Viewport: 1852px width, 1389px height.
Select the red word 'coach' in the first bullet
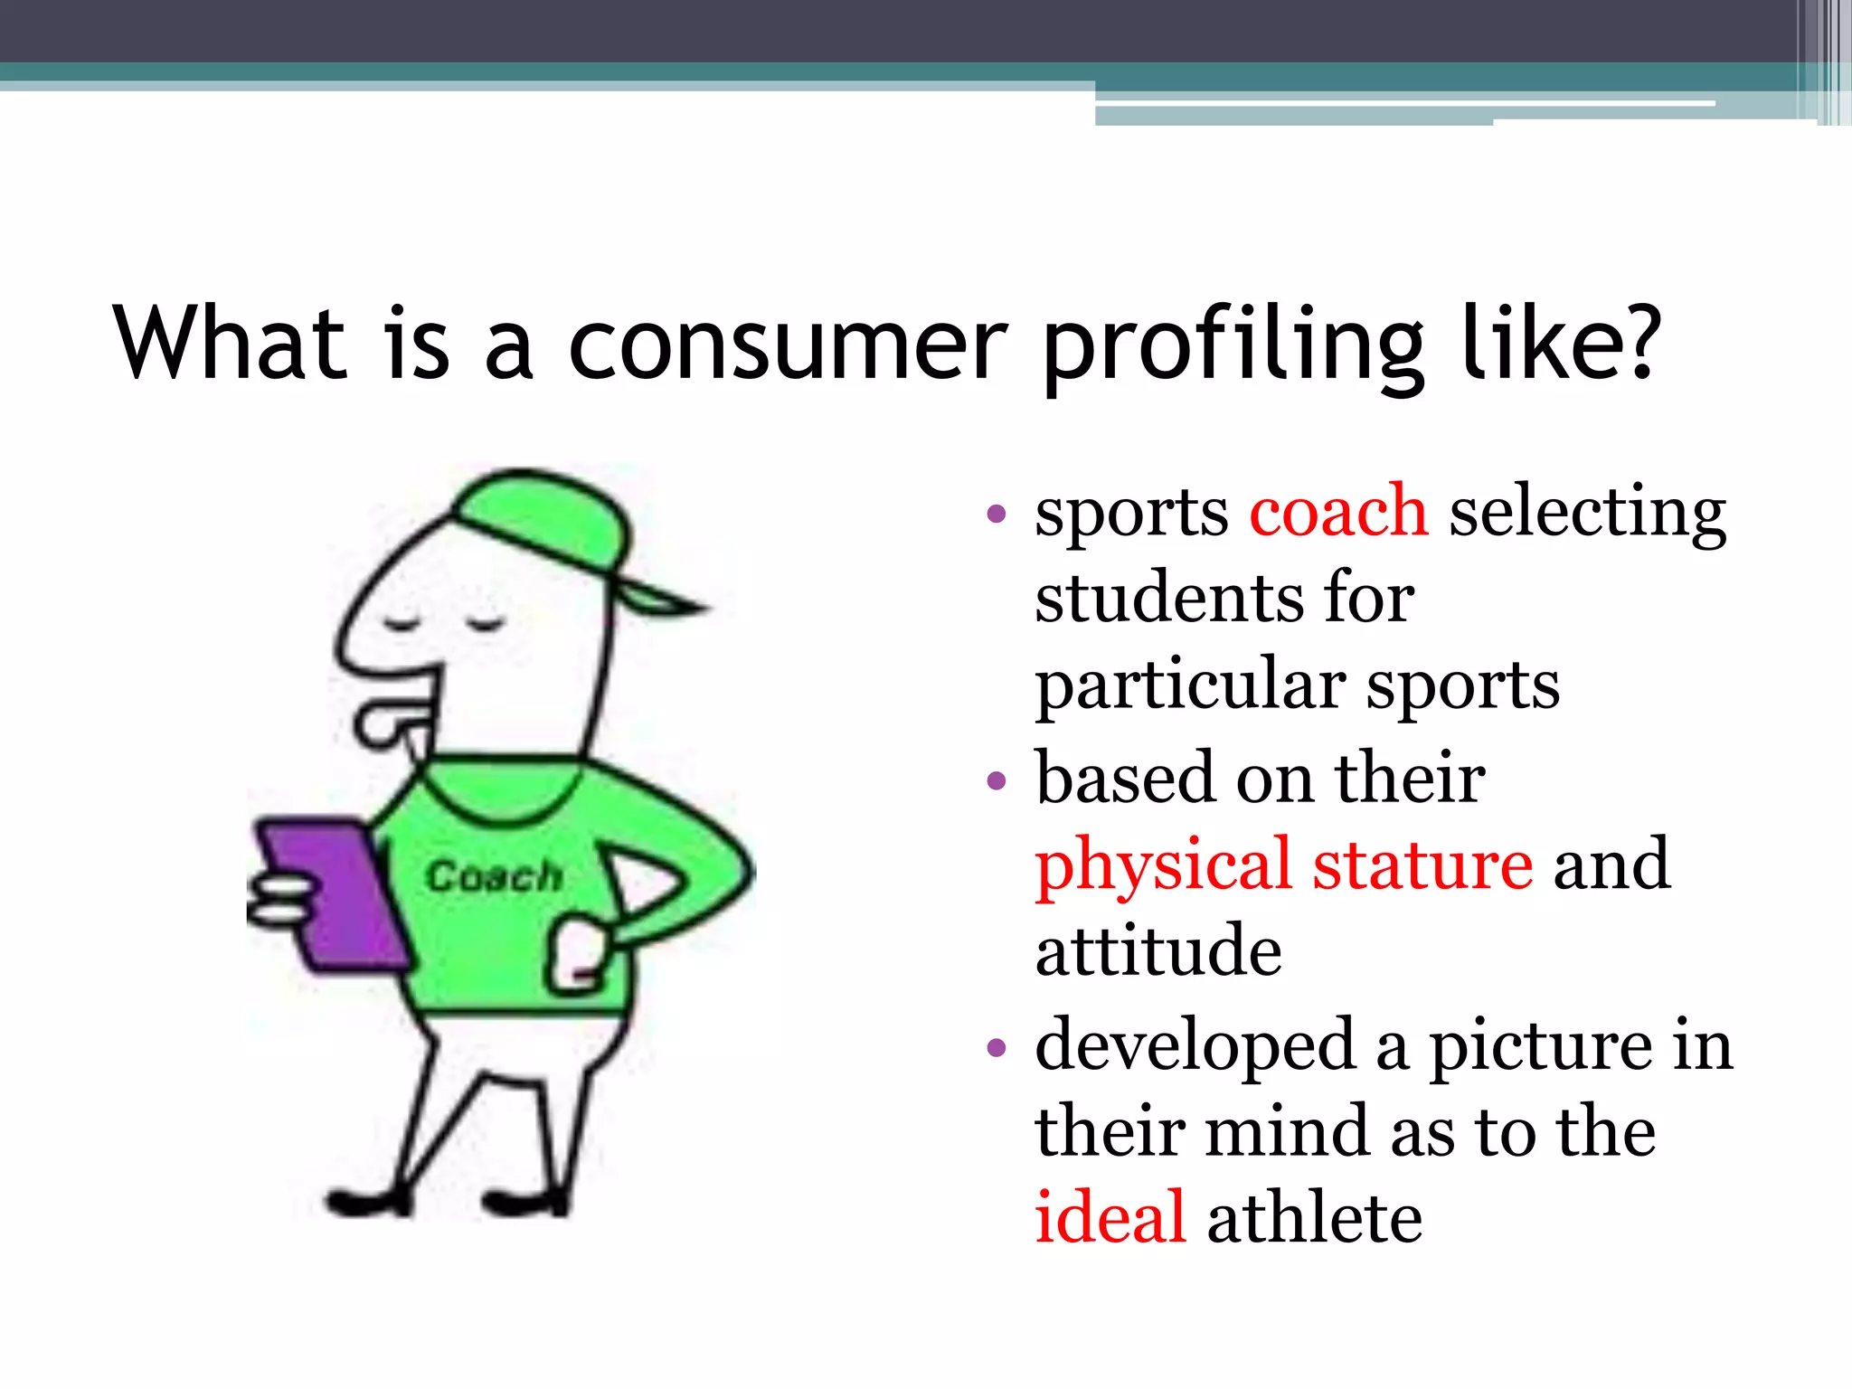point(1338,512)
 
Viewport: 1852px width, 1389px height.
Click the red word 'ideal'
point(1110,1217)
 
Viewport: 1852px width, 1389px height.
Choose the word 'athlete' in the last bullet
point(1315,1217)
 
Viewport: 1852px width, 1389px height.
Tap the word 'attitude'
point(1158,951)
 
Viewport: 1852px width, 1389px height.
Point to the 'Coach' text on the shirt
point(494,875)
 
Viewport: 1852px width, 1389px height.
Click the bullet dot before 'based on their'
point(997,780)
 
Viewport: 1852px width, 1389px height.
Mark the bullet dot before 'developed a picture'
point(997,1047)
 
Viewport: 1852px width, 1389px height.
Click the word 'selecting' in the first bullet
point(1587,514)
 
